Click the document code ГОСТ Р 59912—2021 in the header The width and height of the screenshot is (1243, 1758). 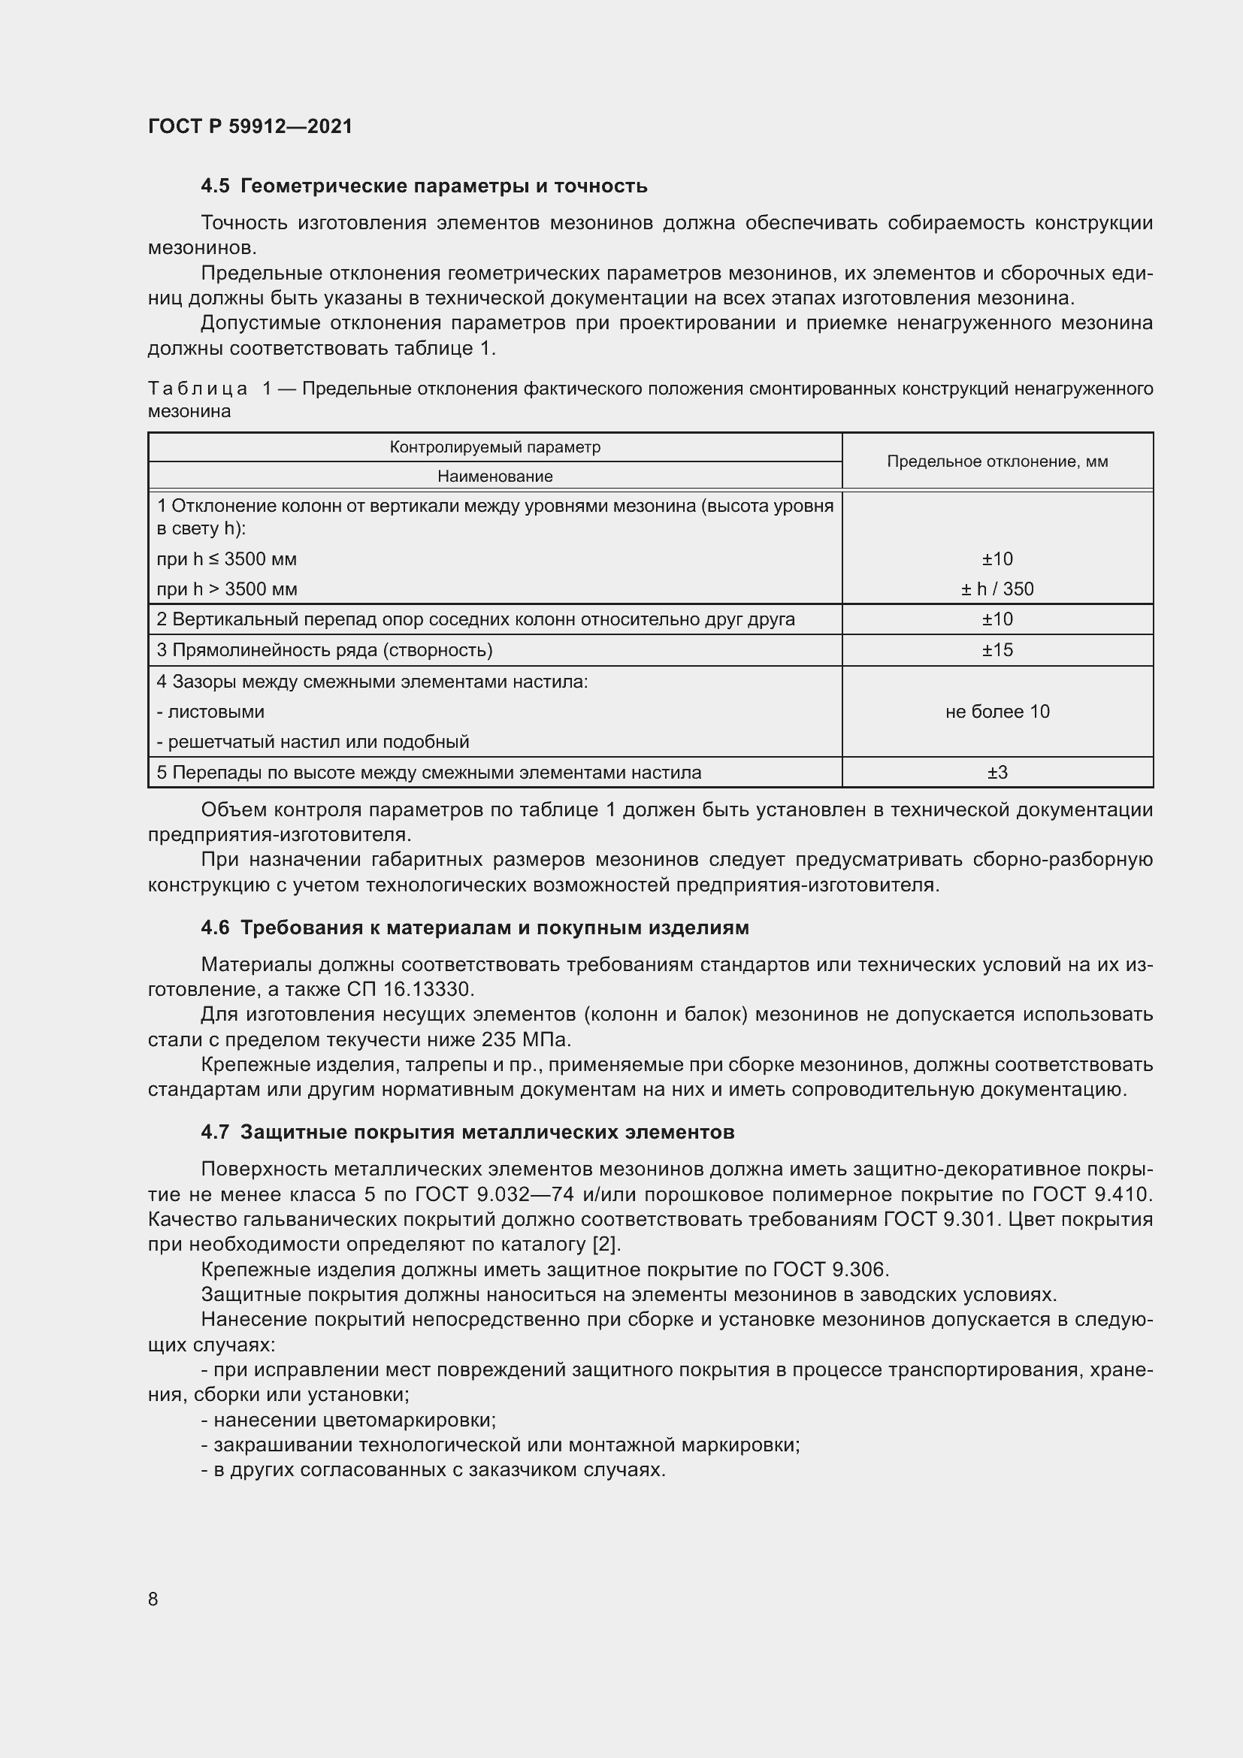(x=250, y=126)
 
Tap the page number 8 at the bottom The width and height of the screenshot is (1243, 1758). (x=153, y=1599)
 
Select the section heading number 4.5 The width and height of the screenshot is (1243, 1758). (x=215, y=186)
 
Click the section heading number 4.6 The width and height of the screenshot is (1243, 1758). (x=215, y=927)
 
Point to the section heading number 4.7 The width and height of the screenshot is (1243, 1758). (x=215, y=1132)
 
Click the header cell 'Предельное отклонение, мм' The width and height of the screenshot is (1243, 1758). (x=997, y=461)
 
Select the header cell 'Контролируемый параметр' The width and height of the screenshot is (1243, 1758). (x=494, y=447)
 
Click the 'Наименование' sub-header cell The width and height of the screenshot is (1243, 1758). (x=494, y=477)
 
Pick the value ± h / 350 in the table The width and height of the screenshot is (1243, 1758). (x=997, y=589)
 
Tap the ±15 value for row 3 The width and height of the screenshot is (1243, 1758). (x=997, y=650)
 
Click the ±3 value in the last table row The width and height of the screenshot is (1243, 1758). (x=997, y=773)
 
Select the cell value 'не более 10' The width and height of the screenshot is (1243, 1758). (x=997, y=711)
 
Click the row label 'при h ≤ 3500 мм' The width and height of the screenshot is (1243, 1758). (x=226, y=559)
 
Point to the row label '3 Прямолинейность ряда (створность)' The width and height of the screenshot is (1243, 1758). (x=325, y=650)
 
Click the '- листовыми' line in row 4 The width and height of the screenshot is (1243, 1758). (x=210, y=711)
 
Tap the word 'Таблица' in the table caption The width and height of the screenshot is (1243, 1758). (x=198, y=389)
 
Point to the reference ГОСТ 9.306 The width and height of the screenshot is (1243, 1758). (x=830, y=1269)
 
